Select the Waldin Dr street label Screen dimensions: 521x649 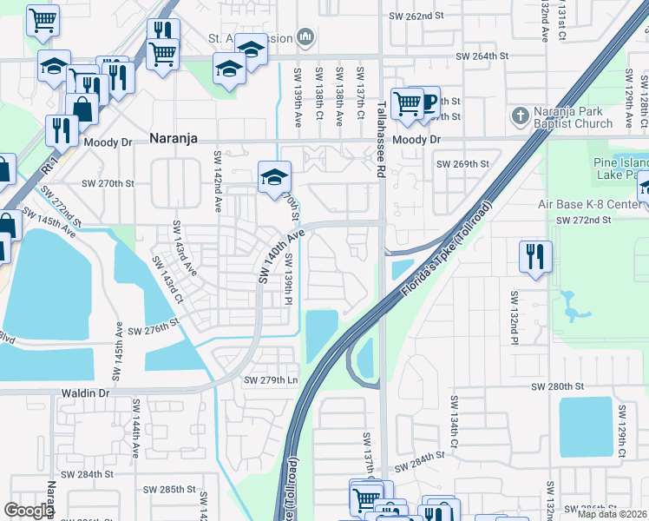(85, 393)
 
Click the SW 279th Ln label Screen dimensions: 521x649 (271, 380)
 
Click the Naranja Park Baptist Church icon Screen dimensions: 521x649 (519, 115)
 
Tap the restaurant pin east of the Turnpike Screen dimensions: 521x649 (533, 256)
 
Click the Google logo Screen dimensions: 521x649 (29, 511)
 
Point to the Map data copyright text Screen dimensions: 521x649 (611, 514)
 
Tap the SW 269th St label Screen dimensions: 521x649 (462, 163)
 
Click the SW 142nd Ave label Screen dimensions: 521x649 (216, 181)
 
